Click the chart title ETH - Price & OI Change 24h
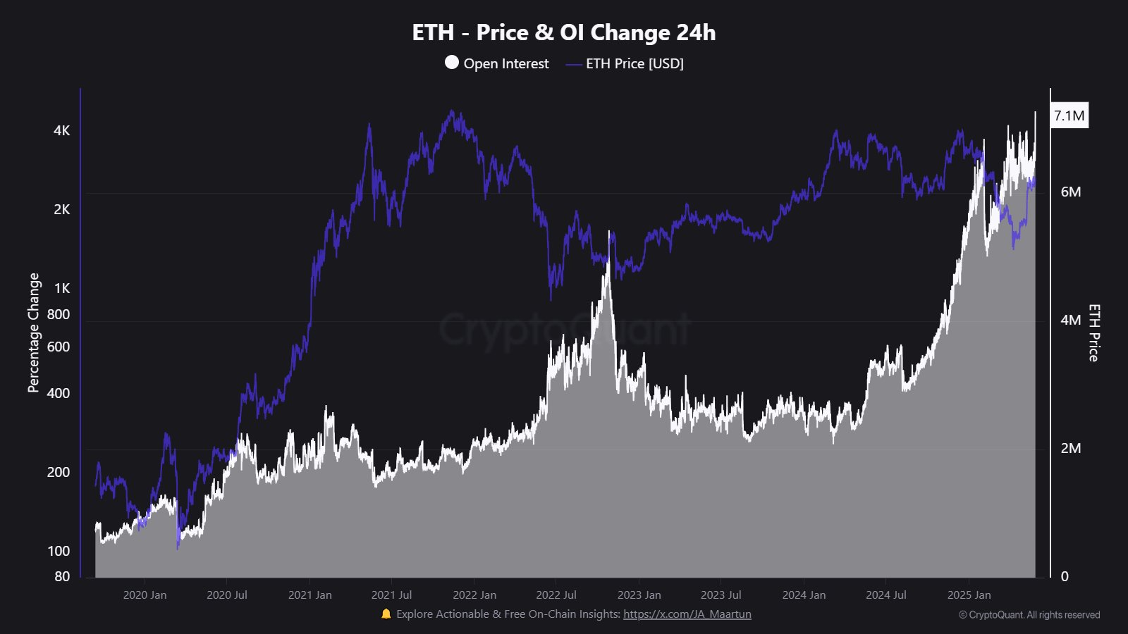coord(563,32)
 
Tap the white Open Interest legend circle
coord(452,63)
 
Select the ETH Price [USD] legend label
coord(634,63)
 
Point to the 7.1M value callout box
coord(1069,116)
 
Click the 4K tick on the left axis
coord(61,130)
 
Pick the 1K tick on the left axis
coord(61,288)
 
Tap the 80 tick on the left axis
coord(61,576)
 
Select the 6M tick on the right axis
coord(1070,192)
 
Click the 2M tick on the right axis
coord(1070,448)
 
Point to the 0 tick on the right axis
coord(1065,576)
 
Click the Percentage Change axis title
coord(33,332)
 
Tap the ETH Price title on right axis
coord(1093,332)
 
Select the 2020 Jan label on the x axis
coord(145,595)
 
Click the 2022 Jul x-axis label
coord(556,595)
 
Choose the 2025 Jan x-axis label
coord(969,595)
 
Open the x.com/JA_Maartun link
coord(687,614)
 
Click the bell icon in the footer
coord(386,614)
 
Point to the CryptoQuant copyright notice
coord(1029,615)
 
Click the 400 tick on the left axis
coord(58,393)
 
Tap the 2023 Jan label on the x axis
coord(639,595)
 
